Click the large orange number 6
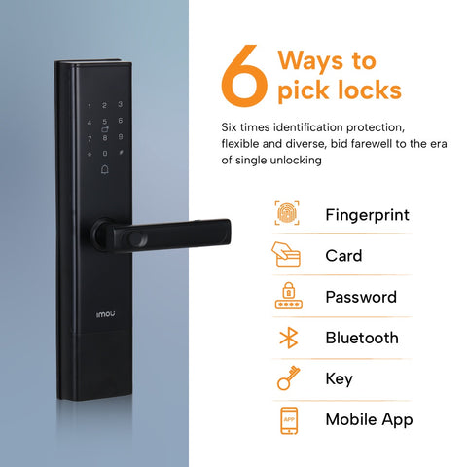coord(242,79)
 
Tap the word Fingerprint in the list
coord(367,215)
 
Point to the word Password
coord(360,297)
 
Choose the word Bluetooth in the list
coord(361,338)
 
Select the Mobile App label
coord(369,419)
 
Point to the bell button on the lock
coord(104,170)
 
